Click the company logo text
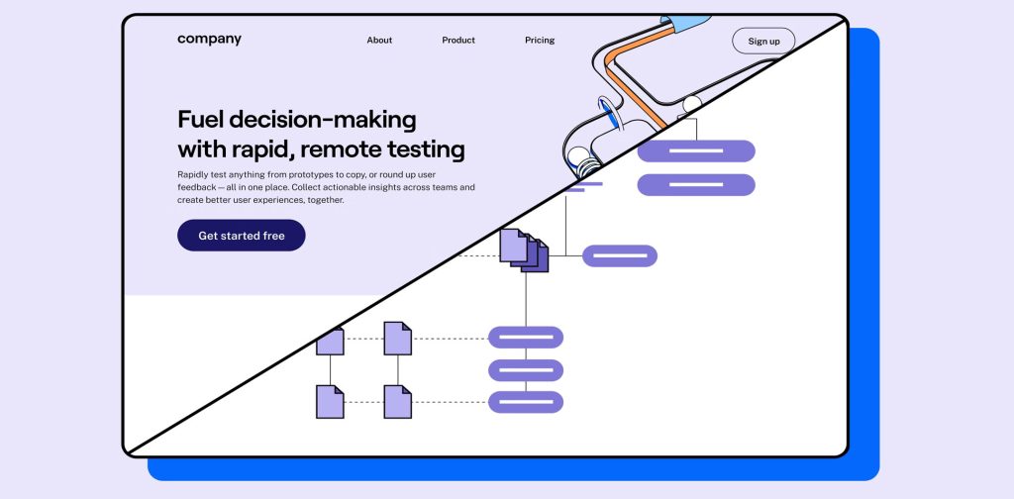tap(209, 40)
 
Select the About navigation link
tap(379, 41)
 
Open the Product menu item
tap(458, 41)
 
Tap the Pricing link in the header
tap(540, 41)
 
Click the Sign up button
tap(763, 41)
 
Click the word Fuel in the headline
tap(200, 120)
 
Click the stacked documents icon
tap(523, 249)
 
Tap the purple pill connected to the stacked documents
tap(620, 255)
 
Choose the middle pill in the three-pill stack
tap(526, 370)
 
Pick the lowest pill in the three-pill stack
tap(526, 402)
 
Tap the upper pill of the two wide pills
tap(696, 150)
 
